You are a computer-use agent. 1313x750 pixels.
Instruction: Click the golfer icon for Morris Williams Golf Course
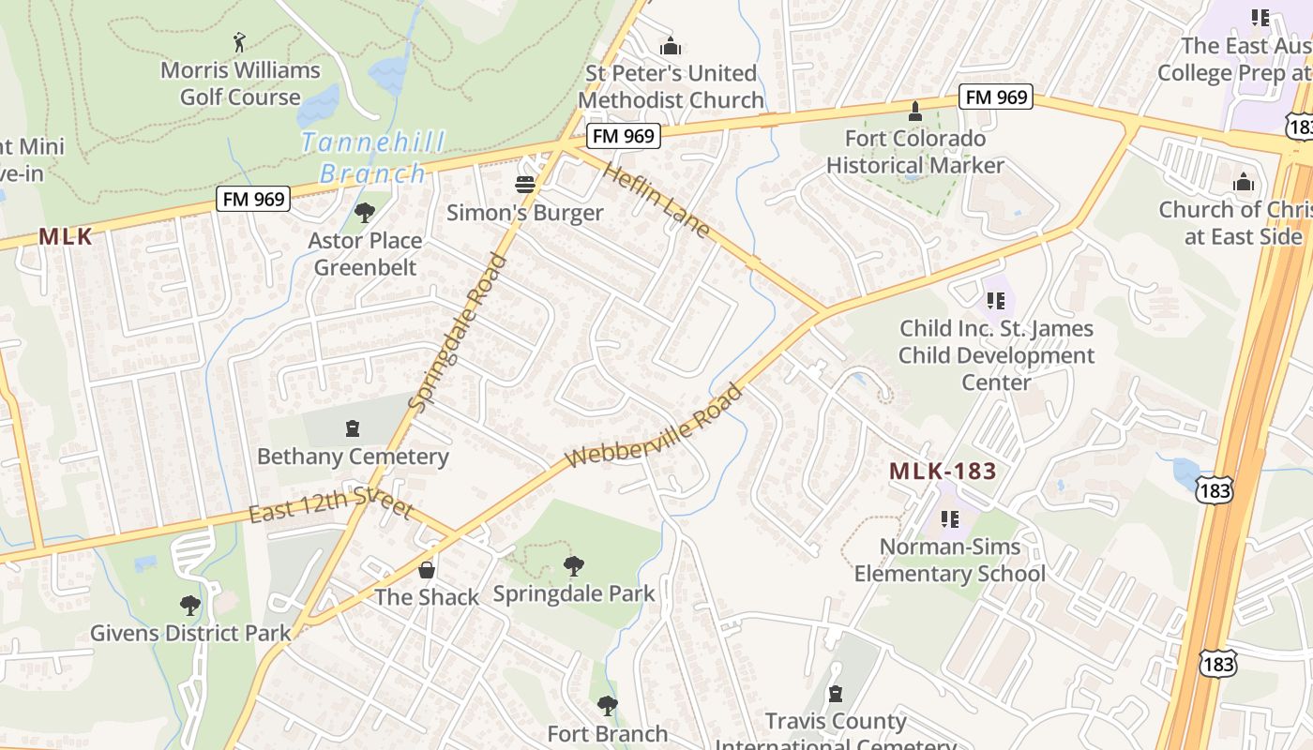click(x=239, y=42)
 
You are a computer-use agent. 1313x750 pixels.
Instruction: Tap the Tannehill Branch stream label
click(x=372, y=157)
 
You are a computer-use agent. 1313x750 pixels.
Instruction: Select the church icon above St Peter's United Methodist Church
click(x=671, y=45)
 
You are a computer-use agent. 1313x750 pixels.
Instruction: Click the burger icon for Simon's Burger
click(x=525, y=185)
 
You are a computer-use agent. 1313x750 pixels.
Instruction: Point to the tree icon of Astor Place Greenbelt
click(x=365, y=213)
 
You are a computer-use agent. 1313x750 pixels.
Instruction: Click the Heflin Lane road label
click(x=657, y=199)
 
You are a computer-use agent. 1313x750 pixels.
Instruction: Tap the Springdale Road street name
click(x=458, y=333)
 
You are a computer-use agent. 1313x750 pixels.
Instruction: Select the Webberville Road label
click(x=654, y=427)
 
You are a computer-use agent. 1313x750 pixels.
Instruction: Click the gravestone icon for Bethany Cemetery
click(x=353, y=428)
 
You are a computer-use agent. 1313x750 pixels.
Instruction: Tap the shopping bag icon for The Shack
click(x=427, y=569)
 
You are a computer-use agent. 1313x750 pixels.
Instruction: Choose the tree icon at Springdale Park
click(x=573, y=565)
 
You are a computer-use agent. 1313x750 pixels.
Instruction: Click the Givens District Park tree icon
click(x=190, y=605)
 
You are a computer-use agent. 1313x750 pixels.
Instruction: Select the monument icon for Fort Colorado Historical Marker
click(x=915, y=111)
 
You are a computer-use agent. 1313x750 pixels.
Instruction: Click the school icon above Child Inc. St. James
click(x=996, y=301)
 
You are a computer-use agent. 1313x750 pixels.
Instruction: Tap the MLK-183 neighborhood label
click(x=943, y=472)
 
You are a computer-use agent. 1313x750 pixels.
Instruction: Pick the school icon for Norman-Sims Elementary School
click(x=950, y=518)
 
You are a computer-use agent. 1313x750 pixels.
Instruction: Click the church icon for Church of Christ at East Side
click(x=1244, y=181)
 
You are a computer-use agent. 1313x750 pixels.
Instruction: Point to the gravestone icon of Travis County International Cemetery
click(x=835, y=694)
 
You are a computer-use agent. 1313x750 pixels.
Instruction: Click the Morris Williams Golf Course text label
click(x=240, y=83)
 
